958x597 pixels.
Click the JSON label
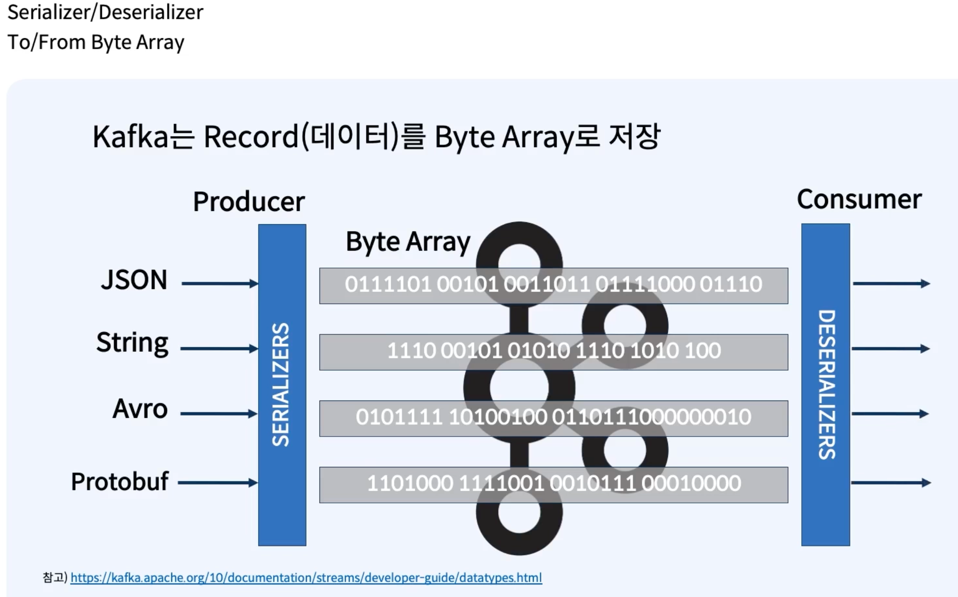coord(134,280)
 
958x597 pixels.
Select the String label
coord(132,343)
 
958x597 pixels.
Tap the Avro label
coord(140,409)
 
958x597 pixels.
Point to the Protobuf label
coord(119,481)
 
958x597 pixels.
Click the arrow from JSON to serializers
coord(219,284)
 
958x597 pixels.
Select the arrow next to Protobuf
coord(218,483)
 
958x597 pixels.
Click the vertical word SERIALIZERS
coord(281,385)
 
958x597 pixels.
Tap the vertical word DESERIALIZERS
coord(826,385)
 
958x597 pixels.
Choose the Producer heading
coord(249,202)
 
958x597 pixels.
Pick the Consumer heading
coord(859,200)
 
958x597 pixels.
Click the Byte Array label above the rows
coord(408,242)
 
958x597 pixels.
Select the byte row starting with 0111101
coord(553,285)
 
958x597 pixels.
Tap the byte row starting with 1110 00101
coord(553,351)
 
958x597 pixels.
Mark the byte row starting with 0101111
coord(553,418)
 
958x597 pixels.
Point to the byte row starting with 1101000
coord(553,484)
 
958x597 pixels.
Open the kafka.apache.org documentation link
coord(306,578)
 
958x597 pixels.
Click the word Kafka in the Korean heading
coord(130,137)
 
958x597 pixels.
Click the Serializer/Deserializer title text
coord(105,12)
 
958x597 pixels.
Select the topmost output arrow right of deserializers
coord(891,284)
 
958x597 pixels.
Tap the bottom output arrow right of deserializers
coord(891,483)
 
